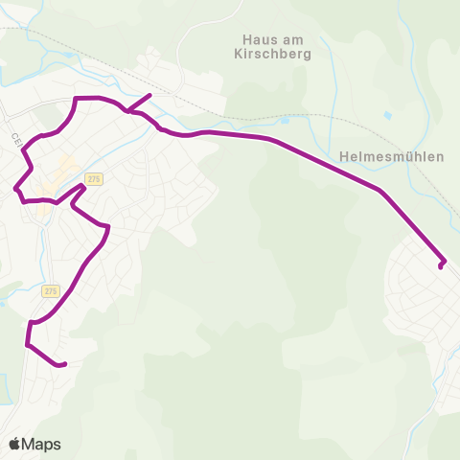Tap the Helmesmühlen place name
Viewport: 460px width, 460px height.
click(392, 157)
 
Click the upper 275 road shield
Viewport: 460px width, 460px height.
click(93, 179)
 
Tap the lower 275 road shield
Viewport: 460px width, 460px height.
click(51, 290)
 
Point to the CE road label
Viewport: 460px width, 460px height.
click(16, 139)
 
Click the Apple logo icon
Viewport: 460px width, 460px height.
click(15, 444)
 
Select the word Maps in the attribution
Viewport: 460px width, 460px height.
click(43, 444)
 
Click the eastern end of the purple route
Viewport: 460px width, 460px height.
click(441, 265)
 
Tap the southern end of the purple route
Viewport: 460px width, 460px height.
click(63, 364)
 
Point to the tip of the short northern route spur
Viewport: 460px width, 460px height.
click(150, 95)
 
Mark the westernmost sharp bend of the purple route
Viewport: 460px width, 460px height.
click(16, 187)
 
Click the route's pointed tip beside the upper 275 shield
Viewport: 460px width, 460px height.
click(84, 186)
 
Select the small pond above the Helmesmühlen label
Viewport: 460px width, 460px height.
click(387, 115)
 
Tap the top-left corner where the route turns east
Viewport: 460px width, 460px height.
click(77, 99)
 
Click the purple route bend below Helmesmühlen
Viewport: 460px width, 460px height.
click(382, 192)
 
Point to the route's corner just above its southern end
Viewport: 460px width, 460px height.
click(28, 343)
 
